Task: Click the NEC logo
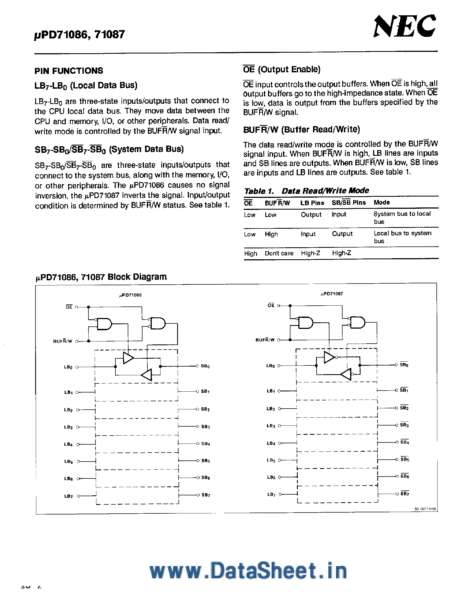click(x=404, y=26)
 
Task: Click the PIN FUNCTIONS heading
click(x=69, y=71)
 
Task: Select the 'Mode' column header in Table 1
click(x=382, y=203)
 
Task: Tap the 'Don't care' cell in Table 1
click(x=279, y=253)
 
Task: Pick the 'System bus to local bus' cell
click(x=402, y=218)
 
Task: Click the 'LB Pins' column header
click(x=312, y=203)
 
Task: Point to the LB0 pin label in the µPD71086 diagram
click(x=68, y=367)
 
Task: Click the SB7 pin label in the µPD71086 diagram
click(x=206, y=495)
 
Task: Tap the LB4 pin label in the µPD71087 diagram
click(x=271, y=443)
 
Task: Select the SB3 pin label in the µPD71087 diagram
click(x=404, y=425)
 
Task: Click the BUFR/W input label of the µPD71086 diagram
click(x=63, y=341)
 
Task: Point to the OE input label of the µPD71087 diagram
click(x=271, y=305)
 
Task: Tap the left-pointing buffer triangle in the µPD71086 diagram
click(x=147, y=375)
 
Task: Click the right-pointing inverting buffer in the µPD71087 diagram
click(x=329, y=357)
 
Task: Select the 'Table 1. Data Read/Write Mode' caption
click(x=307, y=191)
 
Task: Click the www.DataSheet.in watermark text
click(x=248, y=570)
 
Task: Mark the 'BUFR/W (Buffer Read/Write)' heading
click(x=301, y=130)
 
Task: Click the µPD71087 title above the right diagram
click(x=332, y=294)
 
